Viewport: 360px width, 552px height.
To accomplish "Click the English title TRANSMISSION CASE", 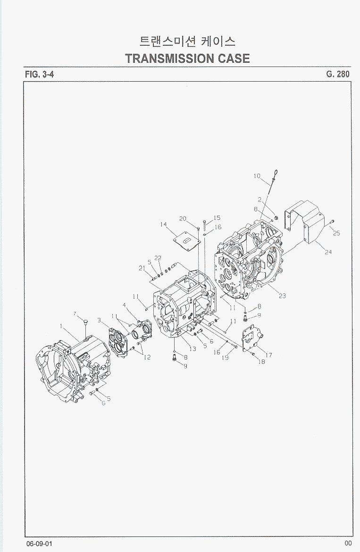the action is (x=187, y=59).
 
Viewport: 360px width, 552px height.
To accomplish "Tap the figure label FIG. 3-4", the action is (x=40, y=74).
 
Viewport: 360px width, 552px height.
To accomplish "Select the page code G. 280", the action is (x=338, y=74).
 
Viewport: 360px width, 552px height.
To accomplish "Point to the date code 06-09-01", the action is (x=39, y=544).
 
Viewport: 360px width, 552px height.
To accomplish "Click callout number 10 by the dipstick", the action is (x=257, y=176).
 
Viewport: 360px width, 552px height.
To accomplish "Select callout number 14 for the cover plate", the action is (x=163, y=224).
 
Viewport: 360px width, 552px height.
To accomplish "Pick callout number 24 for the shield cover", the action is (x=328, y=252).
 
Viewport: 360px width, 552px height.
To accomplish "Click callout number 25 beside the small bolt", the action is (x=336, y=233).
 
